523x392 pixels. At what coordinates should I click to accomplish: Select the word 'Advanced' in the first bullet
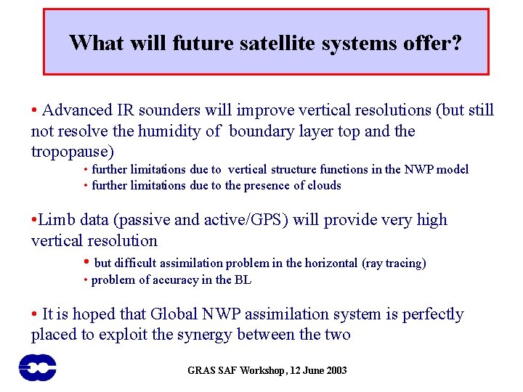[x=78, y=110]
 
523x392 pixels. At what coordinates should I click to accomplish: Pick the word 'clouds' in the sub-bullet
[x=324, y=185]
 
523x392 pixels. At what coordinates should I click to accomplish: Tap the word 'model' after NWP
[x=453, y=169]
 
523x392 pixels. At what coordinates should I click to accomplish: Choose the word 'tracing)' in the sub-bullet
[x=405, y=264]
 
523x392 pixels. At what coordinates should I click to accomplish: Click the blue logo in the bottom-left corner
[x=37, y=367]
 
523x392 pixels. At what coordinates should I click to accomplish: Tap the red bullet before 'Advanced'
[x=35, y=111]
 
